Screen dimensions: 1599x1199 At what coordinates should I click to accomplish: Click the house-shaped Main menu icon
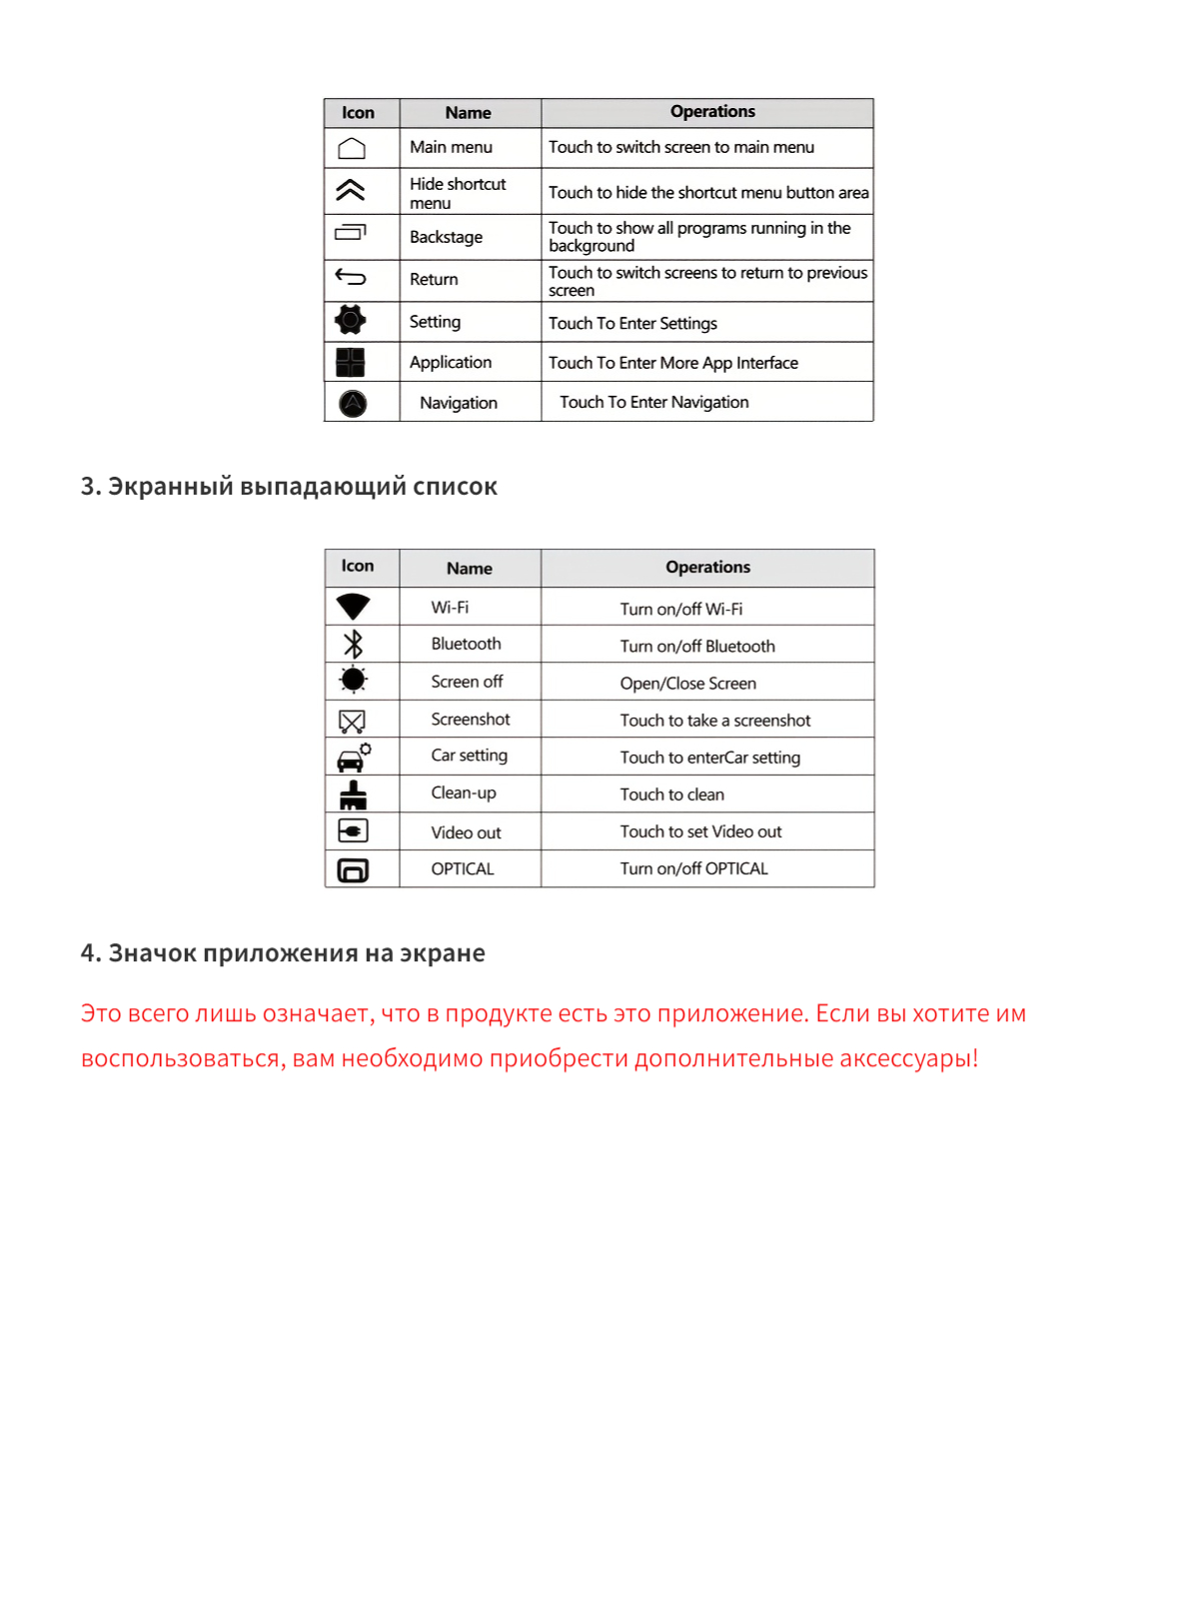click(x=352, y=149)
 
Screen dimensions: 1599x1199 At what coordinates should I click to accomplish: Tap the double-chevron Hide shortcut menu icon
click(x=351, y=190)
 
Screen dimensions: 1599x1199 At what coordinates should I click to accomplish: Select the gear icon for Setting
click(x=351, y=320)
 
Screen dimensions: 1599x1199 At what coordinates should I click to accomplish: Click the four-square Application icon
click(x=351, y=362)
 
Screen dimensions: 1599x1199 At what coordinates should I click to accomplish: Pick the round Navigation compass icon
click(x=353, y=404)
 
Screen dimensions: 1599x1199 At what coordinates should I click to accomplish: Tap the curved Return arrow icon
click(x=351, y=277)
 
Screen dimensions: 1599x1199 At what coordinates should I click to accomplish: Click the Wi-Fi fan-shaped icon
click(x=353, y=607)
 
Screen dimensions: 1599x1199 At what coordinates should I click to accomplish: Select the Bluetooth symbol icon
click(x=353, y=644)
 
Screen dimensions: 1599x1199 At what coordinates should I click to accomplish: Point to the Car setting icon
click(x=353, y=758)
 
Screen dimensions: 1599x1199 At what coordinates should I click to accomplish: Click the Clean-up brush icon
click(x=353, y=795)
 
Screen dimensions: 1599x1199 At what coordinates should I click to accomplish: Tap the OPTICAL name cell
click(x=463, y=869)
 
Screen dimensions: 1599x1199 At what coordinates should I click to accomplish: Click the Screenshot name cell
click(x=471, y=720)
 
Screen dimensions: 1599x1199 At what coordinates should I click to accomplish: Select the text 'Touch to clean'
click(x=671, y=796)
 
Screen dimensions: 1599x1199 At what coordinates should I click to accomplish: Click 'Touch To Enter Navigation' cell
click(x=654, y=403)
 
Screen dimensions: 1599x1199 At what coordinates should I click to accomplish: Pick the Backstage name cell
click(x=447, y=238)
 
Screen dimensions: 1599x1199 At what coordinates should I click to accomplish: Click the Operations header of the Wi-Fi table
click(x=707, y=568)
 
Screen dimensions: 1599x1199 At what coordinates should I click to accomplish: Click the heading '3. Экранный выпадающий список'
click(x=289, y=487)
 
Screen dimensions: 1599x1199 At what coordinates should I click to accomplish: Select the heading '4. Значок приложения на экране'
click(x=283, y=953)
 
